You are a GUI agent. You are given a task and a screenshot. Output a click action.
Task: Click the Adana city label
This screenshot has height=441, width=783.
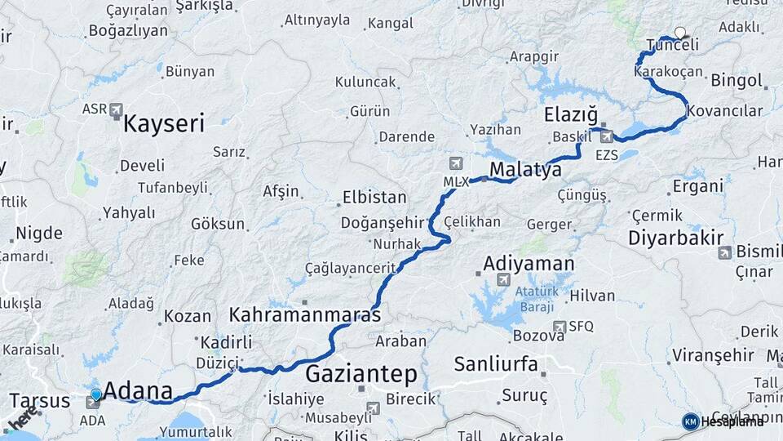pyautogui.click(x=138, y=390)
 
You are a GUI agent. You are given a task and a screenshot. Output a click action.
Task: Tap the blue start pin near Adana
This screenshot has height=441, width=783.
pyautogui.click(x=96, y=395)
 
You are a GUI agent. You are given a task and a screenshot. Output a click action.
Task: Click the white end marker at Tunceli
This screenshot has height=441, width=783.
pyautogui.click(x=679, y=34)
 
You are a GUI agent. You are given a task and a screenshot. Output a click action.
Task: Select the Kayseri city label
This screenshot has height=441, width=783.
pyautogui.click(x=164, y=124)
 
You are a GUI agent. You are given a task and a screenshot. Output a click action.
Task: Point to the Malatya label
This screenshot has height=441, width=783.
pyautogui.click(x=525, y=170)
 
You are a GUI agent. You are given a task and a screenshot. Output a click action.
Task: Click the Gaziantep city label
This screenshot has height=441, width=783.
pyautogui.click(x=361, y=375)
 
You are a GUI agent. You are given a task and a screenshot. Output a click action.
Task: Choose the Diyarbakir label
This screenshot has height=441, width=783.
pyautogui.click(x=676, y=238)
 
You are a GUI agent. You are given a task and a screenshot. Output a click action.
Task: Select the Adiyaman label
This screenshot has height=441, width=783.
pyautogui.click(x=529, y=264)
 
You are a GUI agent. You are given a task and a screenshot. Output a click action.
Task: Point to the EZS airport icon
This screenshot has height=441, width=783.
pyautogui.click(x=606, y=136)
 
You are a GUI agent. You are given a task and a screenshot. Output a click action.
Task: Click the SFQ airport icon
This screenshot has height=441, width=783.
pyautogui.click(x=559, y=327)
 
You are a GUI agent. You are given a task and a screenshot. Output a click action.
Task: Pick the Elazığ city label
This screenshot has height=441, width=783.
pyautogui.click(x=571, y=115)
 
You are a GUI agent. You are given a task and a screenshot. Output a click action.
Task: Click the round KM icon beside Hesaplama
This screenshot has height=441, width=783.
pyautogui.click(x=690, y=421)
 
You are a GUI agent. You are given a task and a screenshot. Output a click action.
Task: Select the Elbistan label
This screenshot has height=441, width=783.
pyautogui.click(x=374, y=198)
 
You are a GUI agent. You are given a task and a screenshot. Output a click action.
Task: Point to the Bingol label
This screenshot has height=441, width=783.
pyautogui.click(x=737, y=81)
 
